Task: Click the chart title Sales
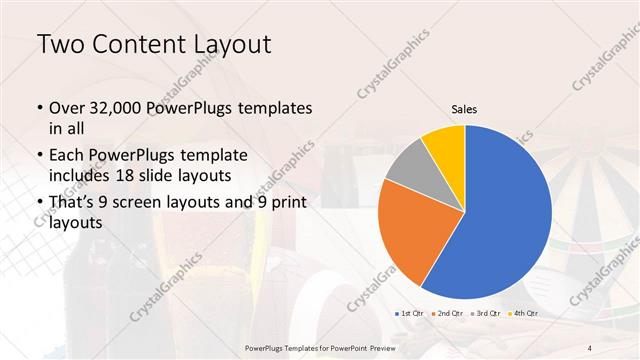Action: tap(464, 109)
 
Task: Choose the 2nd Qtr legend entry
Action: tap(449, 314)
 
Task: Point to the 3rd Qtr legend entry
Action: tap(486, 314)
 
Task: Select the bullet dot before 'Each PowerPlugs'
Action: tap(39, 156)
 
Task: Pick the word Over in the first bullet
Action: tap(68, 108)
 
